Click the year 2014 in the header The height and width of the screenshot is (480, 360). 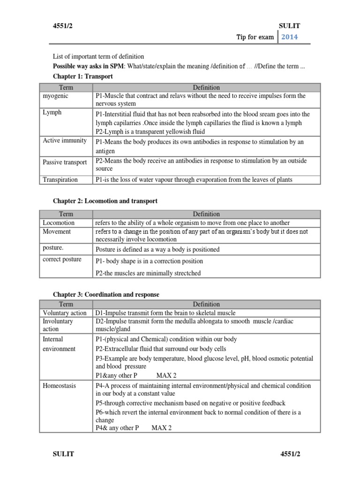(289, 37)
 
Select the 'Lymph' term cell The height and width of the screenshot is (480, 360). (52, 113)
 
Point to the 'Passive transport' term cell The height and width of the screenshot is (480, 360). (65, 162)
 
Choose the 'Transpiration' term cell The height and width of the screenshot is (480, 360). (60, 180)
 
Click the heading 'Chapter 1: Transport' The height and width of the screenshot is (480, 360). (82, 76)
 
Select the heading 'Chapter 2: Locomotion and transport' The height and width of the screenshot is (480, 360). (105, 201)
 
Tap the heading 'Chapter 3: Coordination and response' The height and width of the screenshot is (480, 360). (106, 295)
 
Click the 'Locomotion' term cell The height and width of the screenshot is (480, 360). (59, 223)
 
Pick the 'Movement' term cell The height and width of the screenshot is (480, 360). (57, 232)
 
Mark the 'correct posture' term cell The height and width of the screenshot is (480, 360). (62, 260)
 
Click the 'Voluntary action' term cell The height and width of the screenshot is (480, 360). (65, 313)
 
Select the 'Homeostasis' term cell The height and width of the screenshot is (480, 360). (59, 386)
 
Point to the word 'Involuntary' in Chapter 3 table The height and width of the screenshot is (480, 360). (58, 321)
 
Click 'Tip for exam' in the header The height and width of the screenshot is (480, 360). (255, 37)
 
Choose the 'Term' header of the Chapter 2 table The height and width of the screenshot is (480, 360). (66, 214)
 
